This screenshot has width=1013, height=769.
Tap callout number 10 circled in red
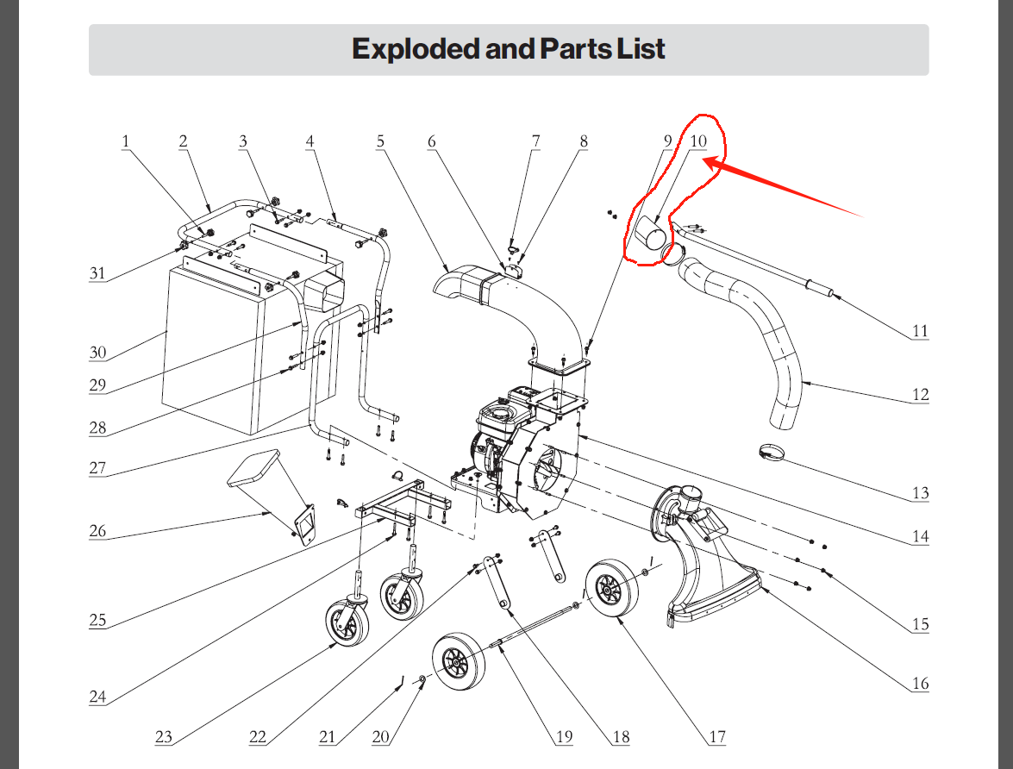tap(697, 141)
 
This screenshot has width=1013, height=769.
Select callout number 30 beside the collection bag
tap(97, 353)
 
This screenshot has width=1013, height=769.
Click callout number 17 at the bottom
tap(717, 737)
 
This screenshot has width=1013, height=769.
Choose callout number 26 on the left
tap(97, 531)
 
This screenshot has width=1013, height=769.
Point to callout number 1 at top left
tap(125, 141)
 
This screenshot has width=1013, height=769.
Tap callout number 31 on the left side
tap(98, 274)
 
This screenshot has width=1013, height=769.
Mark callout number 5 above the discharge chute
tap(380, 141)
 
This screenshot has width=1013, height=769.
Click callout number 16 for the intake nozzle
tap(921, 684)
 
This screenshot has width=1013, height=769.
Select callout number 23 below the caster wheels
tap(165, 737)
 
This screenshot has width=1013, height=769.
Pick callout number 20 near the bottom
tap(382, 737)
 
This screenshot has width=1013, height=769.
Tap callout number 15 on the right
tap(921, 624)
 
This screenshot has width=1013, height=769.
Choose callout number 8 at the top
tap(584, 141)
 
